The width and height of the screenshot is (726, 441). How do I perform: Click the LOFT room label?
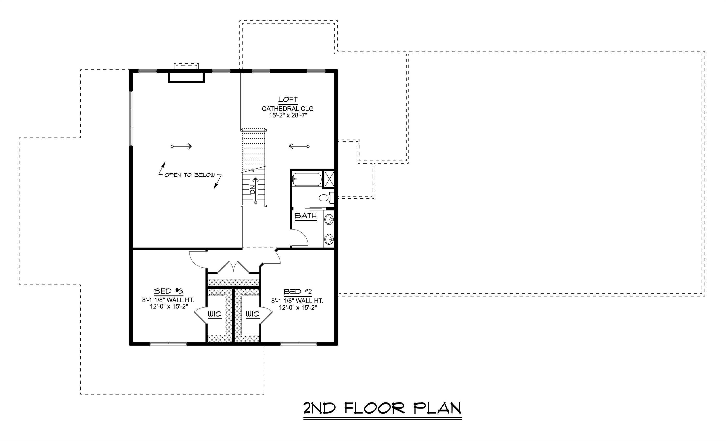click(x=288, y=100)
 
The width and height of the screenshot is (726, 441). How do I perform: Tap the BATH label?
click(x=306, y=216)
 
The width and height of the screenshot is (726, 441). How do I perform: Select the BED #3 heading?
click(x=168, y=291)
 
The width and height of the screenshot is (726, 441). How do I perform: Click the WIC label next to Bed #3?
click(x=214, y=314)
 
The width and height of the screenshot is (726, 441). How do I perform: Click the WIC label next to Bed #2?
click(x=252, y=314)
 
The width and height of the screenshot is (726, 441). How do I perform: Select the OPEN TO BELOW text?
click(x=189, y=175)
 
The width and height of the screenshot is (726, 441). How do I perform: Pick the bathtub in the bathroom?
click(x=307, y=179)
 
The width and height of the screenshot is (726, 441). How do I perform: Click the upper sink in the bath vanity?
click(x=329, y=219)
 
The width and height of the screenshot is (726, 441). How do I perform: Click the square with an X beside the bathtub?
click(x=329, y=179)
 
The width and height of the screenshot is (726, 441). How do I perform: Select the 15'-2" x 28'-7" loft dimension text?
click(x=288, y=116)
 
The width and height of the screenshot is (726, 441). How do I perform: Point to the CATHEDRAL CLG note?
click(x=288, y=109)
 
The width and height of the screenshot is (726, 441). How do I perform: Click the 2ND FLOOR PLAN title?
click(x=382, y=409)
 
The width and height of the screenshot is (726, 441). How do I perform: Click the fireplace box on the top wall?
click(x=186, y=77)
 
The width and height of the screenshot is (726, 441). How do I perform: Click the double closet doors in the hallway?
click(x=233, y=267)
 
